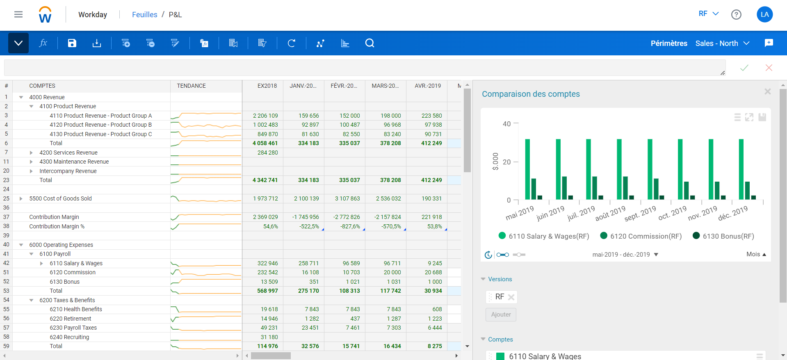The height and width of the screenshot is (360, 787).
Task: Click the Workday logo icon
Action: pyautogui.click(x=45, y=15)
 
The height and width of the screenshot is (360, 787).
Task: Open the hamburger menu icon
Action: pyautogui.click(x=18, y=15)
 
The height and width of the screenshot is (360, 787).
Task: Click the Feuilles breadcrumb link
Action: pyautogui.click(x=144, y=15)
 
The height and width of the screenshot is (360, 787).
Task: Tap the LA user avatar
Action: pyautogui.click(x=764, y=14)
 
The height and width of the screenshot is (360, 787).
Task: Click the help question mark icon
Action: pyautogui.click(x=736, y=15)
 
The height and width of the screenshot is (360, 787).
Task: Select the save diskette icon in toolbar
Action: pyautogui.click(x=72, y=43)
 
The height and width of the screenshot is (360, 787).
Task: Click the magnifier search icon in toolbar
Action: pyautogui.click(x=370, y=43)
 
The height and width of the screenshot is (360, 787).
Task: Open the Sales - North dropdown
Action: pyautogui.click(x=722, y=43)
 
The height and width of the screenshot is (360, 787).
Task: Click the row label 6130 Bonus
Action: pyautogui.click(x=65, y=282)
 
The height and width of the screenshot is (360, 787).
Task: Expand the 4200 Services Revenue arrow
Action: pyautogui.click(x=31, y=153)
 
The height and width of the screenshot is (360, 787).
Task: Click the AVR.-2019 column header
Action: pyautogui.click(x=427, y=86)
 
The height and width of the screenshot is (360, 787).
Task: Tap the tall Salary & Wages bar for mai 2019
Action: pyautogui.click(x=527, y=169)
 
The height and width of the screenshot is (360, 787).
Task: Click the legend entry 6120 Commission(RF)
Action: pyautogui.click(x=641, y=236)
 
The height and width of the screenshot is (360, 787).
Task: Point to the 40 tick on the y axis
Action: pyautogui.click(x=507, y=124)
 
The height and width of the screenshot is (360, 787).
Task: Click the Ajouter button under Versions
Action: pyautogui.click(x=501, y=314)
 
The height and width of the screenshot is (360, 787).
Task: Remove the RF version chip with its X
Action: pyautogui.click(x=511, y=297)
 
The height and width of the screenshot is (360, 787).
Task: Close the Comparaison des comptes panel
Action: pyautogui.click(x=767, y=91)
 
